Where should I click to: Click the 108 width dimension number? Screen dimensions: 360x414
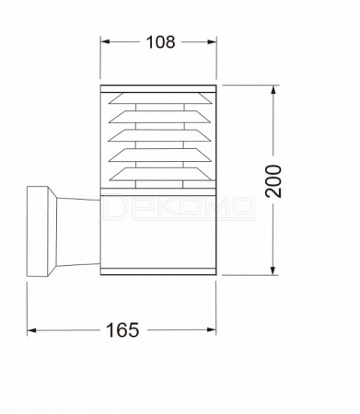click(160, 42)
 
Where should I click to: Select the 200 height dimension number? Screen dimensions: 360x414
click(273, 181)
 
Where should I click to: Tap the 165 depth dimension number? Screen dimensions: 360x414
click(122, 330)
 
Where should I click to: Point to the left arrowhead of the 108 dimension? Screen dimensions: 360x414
click(105, 41)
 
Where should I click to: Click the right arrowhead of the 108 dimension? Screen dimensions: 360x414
click(212, 41)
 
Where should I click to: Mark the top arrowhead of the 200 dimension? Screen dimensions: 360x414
click(273, 90)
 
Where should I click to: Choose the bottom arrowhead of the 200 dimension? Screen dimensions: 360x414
click(273, 270)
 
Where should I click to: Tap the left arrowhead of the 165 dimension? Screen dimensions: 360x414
click(32, 330)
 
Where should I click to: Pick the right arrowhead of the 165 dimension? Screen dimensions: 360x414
click(212, 330)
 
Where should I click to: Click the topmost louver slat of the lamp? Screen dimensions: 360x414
click(159, 98)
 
